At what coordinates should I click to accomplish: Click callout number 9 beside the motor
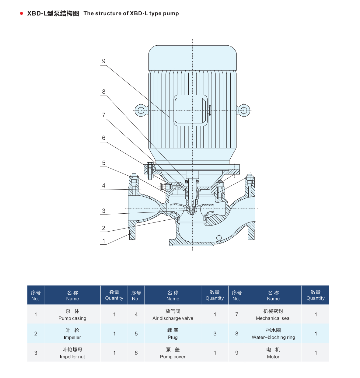click(x=104, y=61)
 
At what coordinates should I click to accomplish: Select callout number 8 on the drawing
click(x=104, y=92)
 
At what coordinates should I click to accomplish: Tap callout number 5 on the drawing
click(x=104, y=163)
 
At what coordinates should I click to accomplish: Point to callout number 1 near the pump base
click(x=104, y=241)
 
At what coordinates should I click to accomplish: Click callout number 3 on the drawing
click(x=104, y=211)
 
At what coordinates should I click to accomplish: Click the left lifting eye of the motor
click(x=141, y=110)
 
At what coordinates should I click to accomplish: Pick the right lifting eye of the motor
click(x=244, y=110)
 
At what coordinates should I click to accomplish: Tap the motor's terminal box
click(x=190, y=110)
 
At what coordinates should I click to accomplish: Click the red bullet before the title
click(x=22, y=13)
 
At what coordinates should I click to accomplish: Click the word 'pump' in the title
click(x=171, y=13)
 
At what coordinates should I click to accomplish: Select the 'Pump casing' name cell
click(x=72, y=314)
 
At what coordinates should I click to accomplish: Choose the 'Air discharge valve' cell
click(x=173, y=314)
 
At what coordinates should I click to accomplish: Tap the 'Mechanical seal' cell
click(x=273, y=314)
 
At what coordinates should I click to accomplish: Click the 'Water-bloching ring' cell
click(x=273, y=334)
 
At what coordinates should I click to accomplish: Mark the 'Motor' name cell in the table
click(x=273, y=353)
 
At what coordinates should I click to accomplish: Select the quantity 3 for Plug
click(x=215, y=334)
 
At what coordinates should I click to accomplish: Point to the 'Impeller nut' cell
click(x=72, y=353)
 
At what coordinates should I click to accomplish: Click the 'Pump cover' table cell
click(x=173, y=353)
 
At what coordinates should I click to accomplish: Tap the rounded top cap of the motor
click(x=192, y=58)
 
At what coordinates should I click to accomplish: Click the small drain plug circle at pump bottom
click(x=218, y=238)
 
